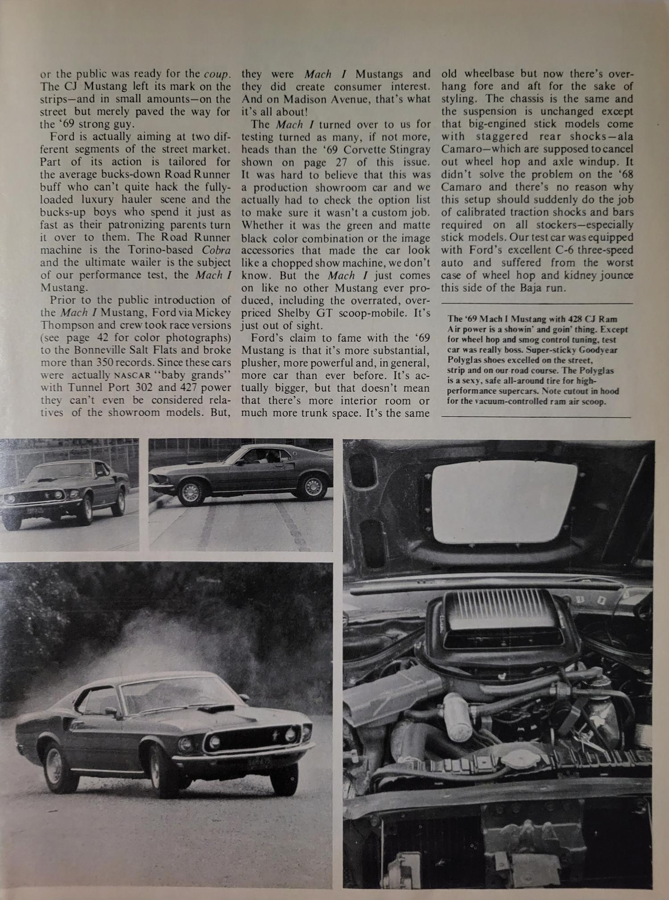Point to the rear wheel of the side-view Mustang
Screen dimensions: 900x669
313,485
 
